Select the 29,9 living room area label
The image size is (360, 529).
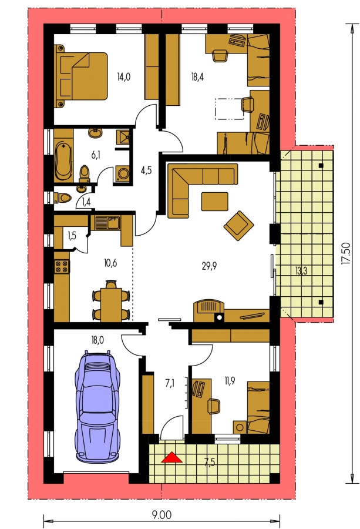point(209,266)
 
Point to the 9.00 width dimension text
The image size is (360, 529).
point(162,515)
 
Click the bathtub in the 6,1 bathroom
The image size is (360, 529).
point(63,161)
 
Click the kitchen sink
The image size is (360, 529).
point(107,223)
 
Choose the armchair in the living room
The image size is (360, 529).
point(238,226)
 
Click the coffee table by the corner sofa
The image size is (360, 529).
point(215,202)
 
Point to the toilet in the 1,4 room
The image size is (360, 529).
point(63,197)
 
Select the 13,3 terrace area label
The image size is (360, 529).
point(301,271)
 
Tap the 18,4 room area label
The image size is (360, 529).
point(198,77)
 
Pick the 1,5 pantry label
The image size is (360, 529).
point(72,236)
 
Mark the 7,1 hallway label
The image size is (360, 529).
point(169,384)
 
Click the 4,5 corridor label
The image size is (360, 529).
point(146,170)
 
